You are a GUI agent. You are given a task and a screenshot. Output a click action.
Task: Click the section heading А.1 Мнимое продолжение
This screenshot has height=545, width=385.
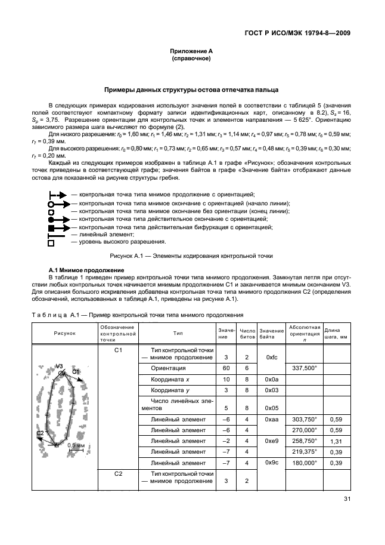pyautogui.click(x=82, y=270)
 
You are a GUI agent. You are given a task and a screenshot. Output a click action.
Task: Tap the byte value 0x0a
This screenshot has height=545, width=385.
pyautogui.click(x=271, y=379)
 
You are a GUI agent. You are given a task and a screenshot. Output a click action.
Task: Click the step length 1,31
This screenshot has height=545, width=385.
pyautogui.click(x=337, y=441)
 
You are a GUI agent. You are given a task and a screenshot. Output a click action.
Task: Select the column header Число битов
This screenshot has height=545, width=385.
pyautogui.click(x=247, y=333)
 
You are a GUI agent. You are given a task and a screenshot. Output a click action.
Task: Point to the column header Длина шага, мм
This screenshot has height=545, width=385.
pyautogui.click(x=337, y=333)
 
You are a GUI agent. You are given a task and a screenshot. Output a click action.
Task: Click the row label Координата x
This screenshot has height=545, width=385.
pyautogui.click(x=170, y=379)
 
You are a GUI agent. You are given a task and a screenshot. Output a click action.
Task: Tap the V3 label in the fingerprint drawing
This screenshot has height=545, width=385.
pyautogui.click(x=59, y=365)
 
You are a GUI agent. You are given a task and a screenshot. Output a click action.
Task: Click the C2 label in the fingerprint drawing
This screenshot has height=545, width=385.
pyautogui.click(x=41, y=432)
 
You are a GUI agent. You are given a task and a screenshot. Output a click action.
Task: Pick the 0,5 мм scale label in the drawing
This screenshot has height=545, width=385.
pyautogui.click(x=75, y=445)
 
